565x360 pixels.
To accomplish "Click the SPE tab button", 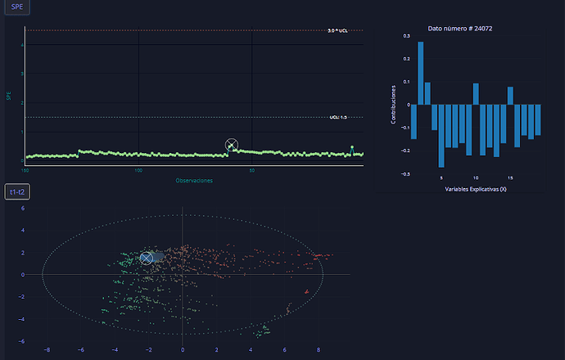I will click(x=17, y=7).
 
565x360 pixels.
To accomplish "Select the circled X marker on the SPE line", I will click(x=232, y=146).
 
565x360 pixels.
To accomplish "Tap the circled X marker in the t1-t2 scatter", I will click(x=147, y=258).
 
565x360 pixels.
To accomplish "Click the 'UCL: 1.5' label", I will click(x=338, y=117).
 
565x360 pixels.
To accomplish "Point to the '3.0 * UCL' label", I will click(x=337, y=30).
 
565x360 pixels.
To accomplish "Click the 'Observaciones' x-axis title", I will click(x=194, y=180).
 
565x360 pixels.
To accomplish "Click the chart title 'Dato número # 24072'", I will click(x=459, y=29).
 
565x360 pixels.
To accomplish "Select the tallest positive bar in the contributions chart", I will click(x=421, y=74).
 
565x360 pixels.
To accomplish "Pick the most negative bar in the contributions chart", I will click(x=441, y=135).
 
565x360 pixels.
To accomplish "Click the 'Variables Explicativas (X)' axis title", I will click(x=476, y=189).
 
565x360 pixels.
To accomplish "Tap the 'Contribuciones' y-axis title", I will click(x=394, y=105).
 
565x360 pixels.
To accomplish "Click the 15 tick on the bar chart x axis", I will click(x=510, y=177).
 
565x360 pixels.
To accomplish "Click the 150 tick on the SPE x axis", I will click(x=25, y=171).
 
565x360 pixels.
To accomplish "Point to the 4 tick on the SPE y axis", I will click(x=22, y=45).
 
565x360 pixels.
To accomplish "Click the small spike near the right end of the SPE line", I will click(x=352, y=148).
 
